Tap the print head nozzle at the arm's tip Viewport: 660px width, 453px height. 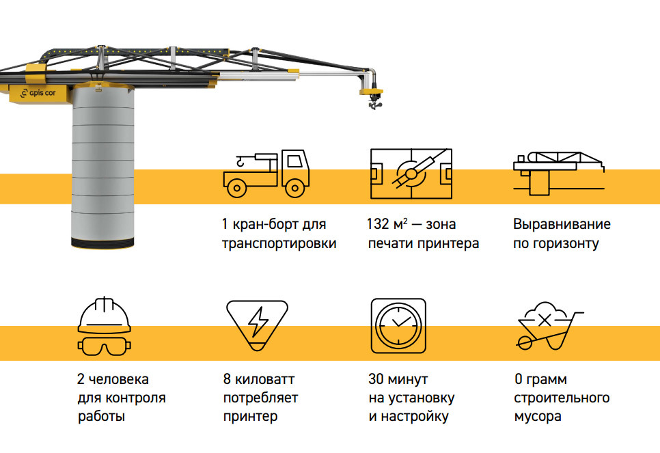[x=374, y=102]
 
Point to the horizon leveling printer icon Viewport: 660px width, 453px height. [x=559, y=171]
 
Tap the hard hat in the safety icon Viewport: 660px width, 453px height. [x=105, y=315]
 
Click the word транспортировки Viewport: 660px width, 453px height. [x=279, y=243]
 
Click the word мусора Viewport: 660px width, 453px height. [x=538, y=416]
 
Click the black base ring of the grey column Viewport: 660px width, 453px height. [x=105, y=242]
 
